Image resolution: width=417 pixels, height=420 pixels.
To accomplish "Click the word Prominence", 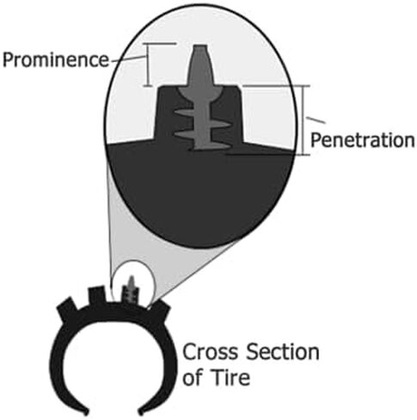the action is tap(56, 59).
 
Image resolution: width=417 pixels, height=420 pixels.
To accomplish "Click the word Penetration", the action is tap(363, 140).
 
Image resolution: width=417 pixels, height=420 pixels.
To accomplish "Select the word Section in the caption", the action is tap(283, 352).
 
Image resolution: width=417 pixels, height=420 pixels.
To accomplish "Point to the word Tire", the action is tap(230, 377).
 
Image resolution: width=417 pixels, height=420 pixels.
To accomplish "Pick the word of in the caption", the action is tap(194, 377).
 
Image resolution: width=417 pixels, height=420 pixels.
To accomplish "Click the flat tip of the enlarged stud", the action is tap(200, 46).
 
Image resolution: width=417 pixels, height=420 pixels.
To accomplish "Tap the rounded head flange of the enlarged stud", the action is tap(200, 91).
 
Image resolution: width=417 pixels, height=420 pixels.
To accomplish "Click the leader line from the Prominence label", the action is tap(127, 59).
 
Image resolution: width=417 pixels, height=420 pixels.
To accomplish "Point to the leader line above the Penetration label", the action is tap(316, 120).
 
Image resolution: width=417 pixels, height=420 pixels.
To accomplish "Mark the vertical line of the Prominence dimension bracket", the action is tap(148, 65).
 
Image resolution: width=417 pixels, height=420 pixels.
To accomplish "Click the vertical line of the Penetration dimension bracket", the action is tap(304, 120).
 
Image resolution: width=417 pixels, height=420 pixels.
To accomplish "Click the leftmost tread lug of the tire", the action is tap(67, 310).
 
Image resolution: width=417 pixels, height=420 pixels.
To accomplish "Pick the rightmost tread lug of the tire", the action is tap(159, 312).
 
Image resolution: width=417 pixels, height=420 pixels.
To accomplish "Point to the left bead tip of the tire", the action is tap(85, 412).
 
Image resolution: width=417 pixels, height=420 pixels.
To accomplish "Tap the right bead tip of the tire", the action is tap(141, 412).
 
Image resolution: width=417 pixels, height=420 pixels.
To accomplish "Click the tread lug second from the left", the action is tap(98, 296).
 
